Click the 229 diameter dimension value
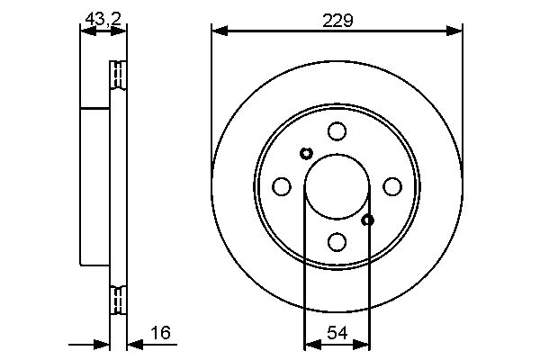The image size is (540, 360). [x=337, y=21]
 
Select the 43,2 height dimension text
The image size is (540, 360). [x=103, y=19]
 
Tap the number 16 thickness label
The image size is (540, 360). [x=161, y=332]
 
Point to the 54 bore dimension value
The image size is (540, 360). [x=337, y=333]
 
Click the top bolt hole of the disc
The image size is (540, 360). [x=337, y=131]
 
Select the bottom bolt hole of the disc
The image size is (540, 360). [x=337, y=242]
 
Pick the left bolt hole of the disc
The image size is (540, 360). [x=282, y=186]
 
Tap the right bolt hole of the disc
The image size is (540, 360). [x=392, y=186]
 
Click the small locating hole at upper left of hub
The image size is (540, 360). [x=306, y=153]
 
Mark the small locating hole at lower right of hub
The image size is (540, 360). [x=368, y=220]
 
